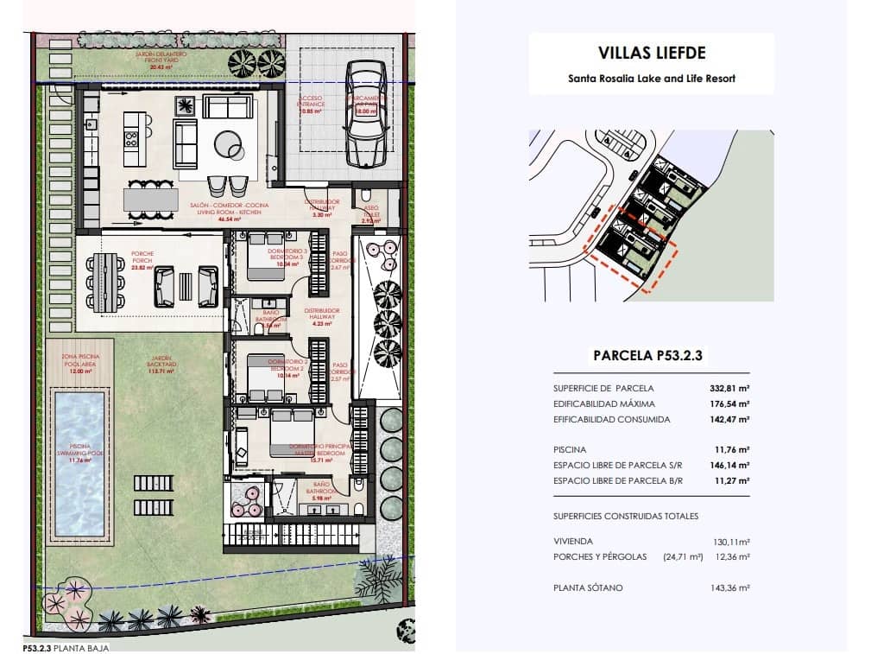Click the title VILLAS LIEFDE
(x=651, y=54)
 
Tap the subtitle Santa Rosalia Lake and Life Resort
(x=651, y=78)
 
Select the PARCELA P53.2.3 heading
(x=652, y=354)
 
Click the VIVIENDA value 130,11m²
(x=729, y=542)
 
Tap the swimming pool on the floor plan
(x=80, y=462)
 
